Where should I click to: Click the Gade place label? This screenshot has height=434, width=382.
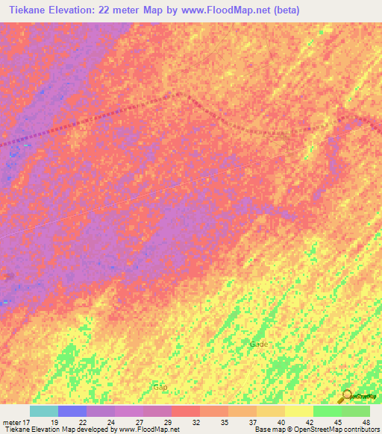pos(259,344)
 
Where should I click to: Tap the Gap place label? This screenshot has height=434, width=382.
pos(160,387)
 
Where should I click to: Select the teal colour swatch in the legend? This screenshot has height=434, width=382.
pos(44,411)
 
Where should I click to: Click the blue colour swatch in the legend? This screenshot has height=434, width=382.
pos(72,411)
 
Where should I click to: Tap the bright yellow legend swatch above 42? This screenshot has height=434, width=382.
pos(299,411)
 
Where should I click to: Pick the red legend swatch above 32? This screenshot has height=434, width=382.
pos(186,411)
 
